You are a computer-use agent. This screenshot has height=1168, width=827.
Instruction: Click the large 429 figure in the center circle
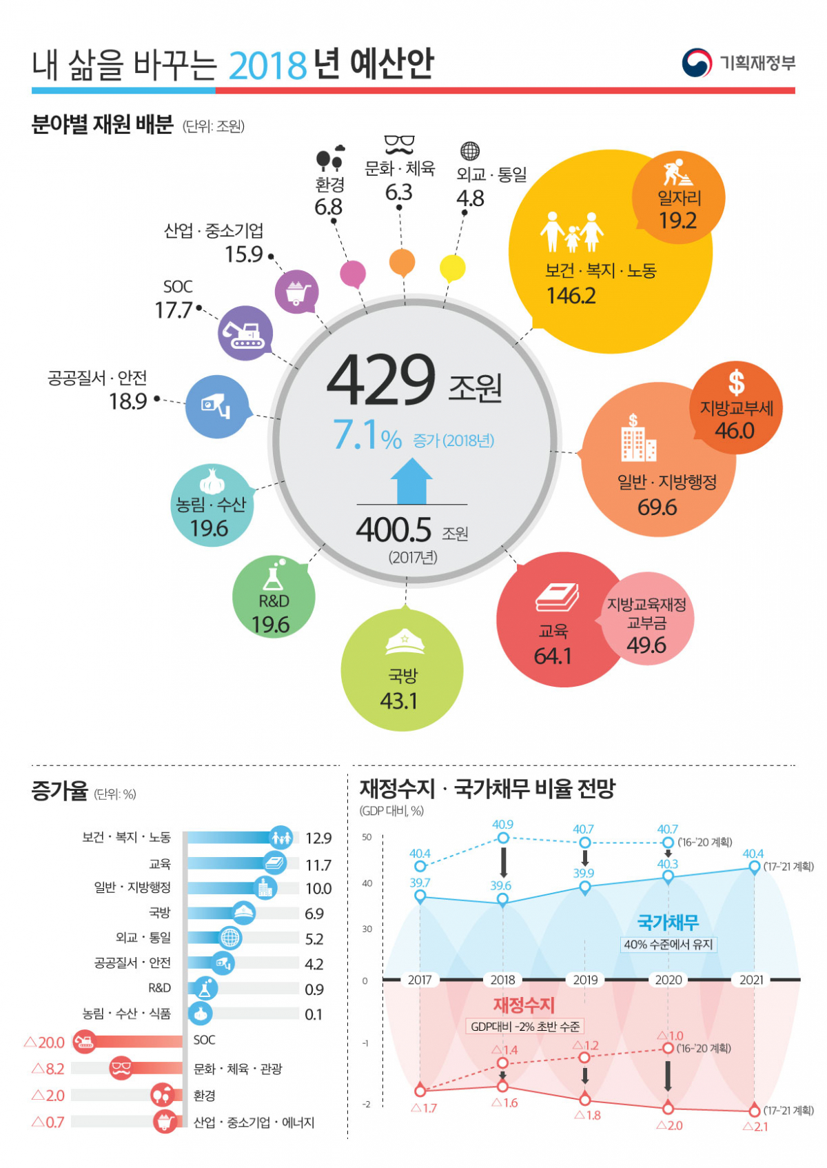pos(380,380)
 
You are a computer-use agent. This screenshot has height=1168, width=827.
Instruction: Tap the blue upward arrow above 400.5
pos(411,481)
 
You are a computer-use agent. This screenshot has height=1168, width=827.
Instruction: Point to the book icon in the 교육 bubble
pos(557,597)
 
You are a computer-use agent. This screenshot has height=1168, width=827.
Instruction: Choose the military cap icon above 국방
pos(405,642)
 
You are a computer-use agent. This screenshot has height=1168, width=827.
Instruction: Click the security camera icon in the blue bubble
pos(216,405)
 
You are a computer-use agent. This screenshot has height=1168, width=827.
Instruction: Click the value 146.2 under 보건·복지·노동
pos(571,296)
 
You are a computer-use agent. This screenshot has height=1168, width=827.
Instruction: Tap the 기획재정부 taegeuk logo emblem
pos(696,63)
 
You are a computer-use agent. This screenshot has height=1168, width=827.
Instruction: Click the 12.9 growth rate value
pos(318,838)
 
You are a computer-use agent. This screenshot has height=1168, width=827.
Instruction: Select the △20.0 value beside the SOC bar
pos(45,1043)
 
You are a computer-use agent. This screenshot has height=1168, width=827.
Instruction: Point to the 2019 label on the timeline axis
pos(585,980)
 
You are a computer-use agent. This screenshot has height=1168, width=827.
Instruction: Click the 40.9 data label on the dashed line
pos(502,825)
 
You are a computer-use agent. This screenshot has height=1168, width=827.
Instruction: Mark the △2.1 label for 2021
pos(755,1127)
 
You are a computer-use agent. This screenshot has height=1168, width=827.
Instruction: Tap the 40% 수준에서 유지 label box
pos(668,945)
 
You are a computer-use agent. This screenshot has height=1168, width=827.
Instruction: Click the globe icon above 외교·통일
pos(469,151)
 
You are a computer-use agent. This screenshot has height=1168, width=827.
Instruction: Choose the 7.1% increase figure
pos(367,436)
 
